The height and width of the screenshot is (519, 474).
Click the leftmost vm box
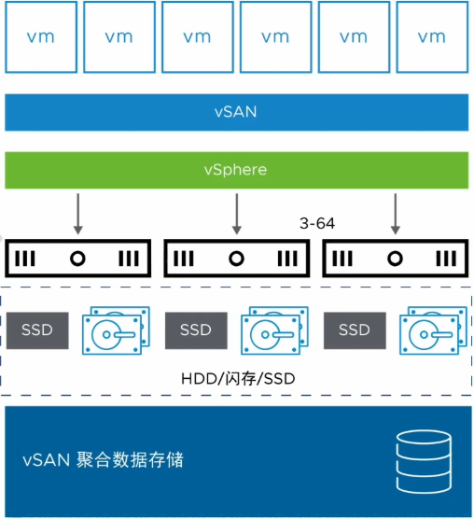40,37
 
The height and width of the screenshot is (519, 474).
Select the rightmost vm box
431,37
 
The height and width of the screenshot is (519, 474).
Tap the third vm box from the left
197,37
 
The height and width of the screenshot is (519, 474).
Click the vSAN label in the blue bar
235,112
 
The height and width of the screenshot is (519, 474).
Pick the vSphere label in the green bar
235,170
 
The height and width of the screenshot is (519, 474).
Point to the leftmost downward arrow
78,214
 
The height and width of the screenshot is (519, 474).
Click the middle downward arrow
235,214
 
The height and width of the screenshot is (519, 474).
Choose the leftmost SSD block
38,330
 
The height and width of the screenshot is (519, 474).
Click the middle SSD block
196,330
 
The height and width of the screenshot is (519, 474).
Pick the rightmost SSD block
354,330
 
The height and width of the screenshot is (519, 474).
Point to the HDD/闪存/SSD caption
235,380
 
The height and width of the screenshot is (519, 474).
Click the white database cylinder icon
424,461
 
